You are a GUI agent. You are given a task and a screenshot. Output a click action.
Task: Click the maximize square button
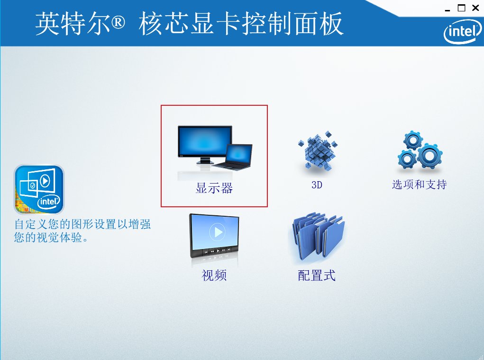point(461,8)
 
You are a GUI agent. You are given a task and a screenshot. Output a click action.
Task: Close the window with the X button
point(475,8)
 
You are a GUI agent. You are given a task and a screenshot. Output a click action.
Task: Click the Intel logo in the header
point(459,32)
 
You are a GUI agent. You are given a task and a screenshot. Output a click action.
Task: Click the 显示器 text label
point(214,188)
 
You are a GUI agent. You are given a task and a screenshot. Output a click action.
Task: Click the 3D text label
point(317,185)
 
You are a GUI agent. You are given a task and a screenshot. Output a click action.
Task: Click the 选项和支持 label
point(419,185)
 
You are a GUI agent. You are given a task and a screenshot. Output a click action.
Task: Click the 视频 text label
point(214,275)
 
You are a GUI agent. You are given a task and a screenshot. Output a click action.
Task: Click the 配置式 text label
point(317,276)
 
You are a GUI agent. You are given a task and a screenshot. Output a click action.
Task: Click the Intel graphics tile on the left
point(39,189)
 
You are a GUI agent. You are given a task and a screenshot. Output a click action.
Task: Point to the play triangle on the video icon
point(218,232)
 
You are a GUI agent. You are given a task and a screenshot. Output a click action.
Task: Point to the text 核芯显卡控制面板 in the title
point(241,24)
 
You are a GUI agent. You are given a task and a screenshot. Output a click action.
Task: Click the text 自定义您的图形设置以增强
point(82,224)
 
